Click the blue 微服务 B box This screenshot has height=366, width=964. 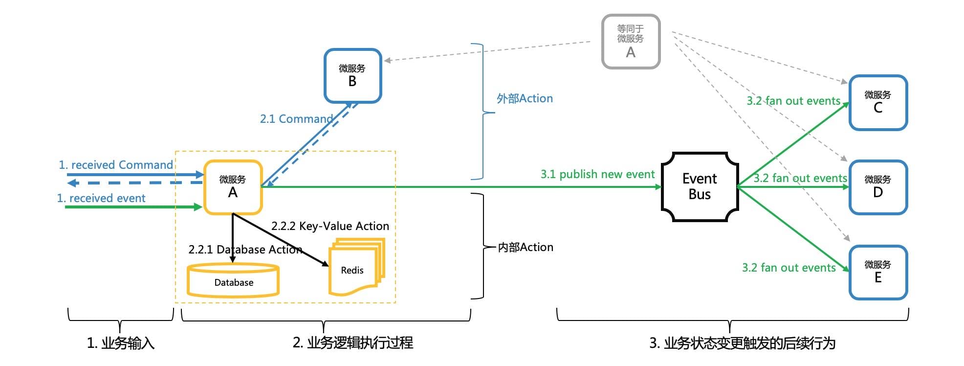[x=352, y=76]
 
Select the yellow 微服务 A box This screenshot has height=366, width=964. [x=233, y=187]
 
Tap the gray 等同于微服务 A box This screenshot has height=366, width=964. [x=631, y=41]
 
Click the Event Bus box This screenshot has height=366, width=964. [x=700, y=186]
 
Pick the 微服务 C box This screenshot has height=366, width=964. [x=878, y=102]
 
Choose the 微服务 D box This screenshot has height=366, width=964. [x=878, y=187]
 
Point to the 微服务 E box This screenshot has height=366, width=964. [x=878, y=272]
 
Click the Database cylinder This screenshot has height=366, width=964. [x=233, y=281]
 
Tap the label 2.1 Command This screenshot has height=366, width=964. [x=296, y=119]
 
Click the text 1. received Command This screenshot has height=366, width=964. [x=116, y=165]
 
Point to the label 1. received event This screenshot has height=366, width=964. [x=101, y=198]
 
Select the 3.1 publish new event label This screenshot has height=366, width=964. [x=597, y=174]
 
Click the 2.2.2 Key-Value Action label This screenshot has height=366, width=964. [x=330, y=226]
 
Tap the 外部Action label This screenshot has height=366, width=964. [x=525, y=98]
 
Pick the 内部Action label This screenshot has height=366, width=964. [x=526, y=248]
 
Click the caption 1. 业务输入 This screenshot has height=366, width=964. [x=121, y=343]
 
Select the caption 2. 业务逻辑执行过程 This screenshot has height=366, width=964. [x=352, y=343]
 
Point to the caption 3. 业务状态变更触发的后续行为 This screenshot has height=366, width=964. [x=742, y=343]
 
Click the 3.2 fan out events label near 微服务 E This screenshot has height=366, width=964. [x=789, y=268]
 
